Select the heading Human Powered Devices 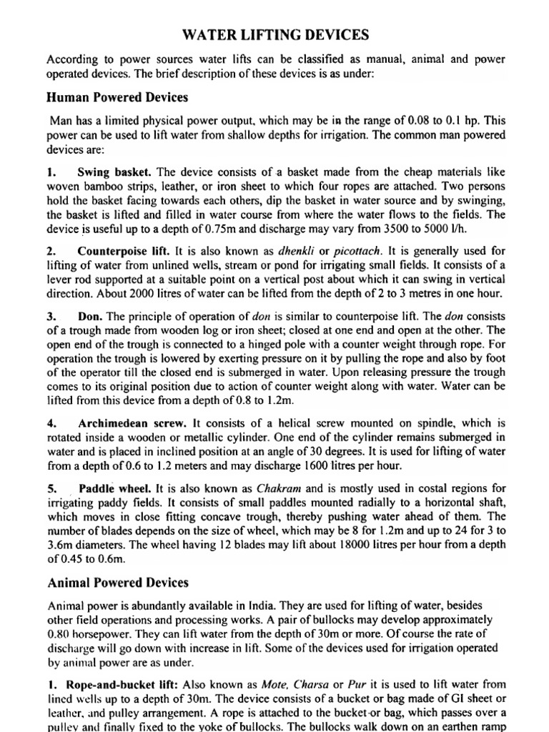[x=117, y=97]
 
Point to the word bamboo [x=97, y=188]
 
